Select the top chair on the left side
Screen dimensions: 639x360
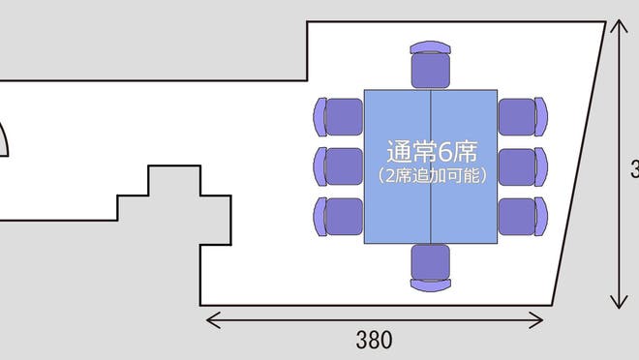pos(337,115)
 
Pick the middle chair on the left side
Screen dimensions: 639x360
pos(337,165)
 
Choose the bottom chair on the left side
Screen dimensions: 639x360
pos(337,215)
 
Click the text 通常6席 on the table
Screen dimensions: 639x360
pos(431,152)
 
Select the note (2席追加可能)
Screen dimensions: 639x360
pos(431,176)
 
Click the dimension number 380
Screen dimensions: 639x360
pos(374,340)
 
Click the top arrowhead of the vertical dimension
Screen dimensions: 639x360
pos(618,25)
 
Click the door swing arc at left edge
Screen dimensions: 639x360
pos(6,137)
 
